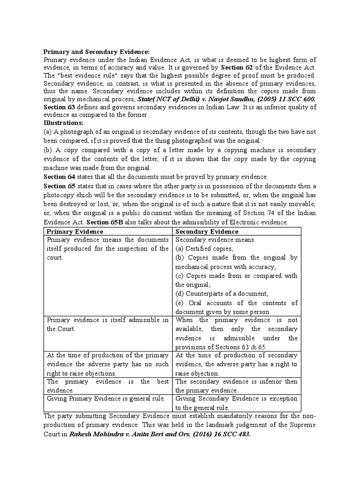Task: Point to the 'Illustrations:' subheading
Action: tap(63, 123)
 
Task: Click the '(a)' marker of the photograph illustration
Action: tap(48, 132)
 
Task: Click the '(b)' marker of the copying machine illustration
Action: tap(48, 150)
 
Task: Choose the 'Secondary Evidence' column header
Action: tap(207, 231)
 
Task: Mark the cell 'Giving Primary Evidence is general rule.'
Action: tap(105, 398)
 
